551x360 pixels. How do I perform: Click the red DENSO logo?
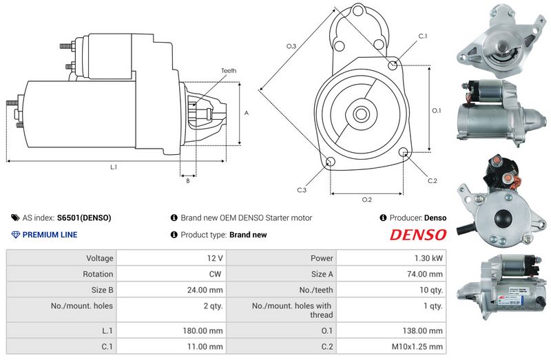pyautogui.click(x=418, y=235)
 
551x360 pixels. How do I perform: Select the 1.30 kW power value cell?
pyautogui.click(x=391, y=258)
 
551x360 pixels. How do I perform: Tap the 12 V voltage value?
pyautogui.click(x=215, y=258)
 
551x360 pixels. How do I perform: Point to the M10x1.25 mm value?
pyautogui.click(x=417, y=347)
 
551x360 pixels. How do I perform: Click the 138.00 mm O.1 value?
pyautogui.click(x=423, y=331)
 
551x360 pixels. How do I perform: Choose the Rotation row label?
pyautogui.click(x=98, y=274)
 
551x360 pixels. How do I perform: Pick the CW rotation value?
pyautogui.click(x=215, y=274)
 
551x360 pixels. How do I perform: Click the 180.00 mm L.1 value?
pyautogui.click(x=202, y=331)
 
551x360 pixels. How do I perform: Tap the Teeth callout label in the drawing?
pyautogui.click(x=229, y=71)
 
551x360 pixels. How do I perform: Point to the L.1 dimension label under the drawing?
pyautogui.click(x=114, y=167)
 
